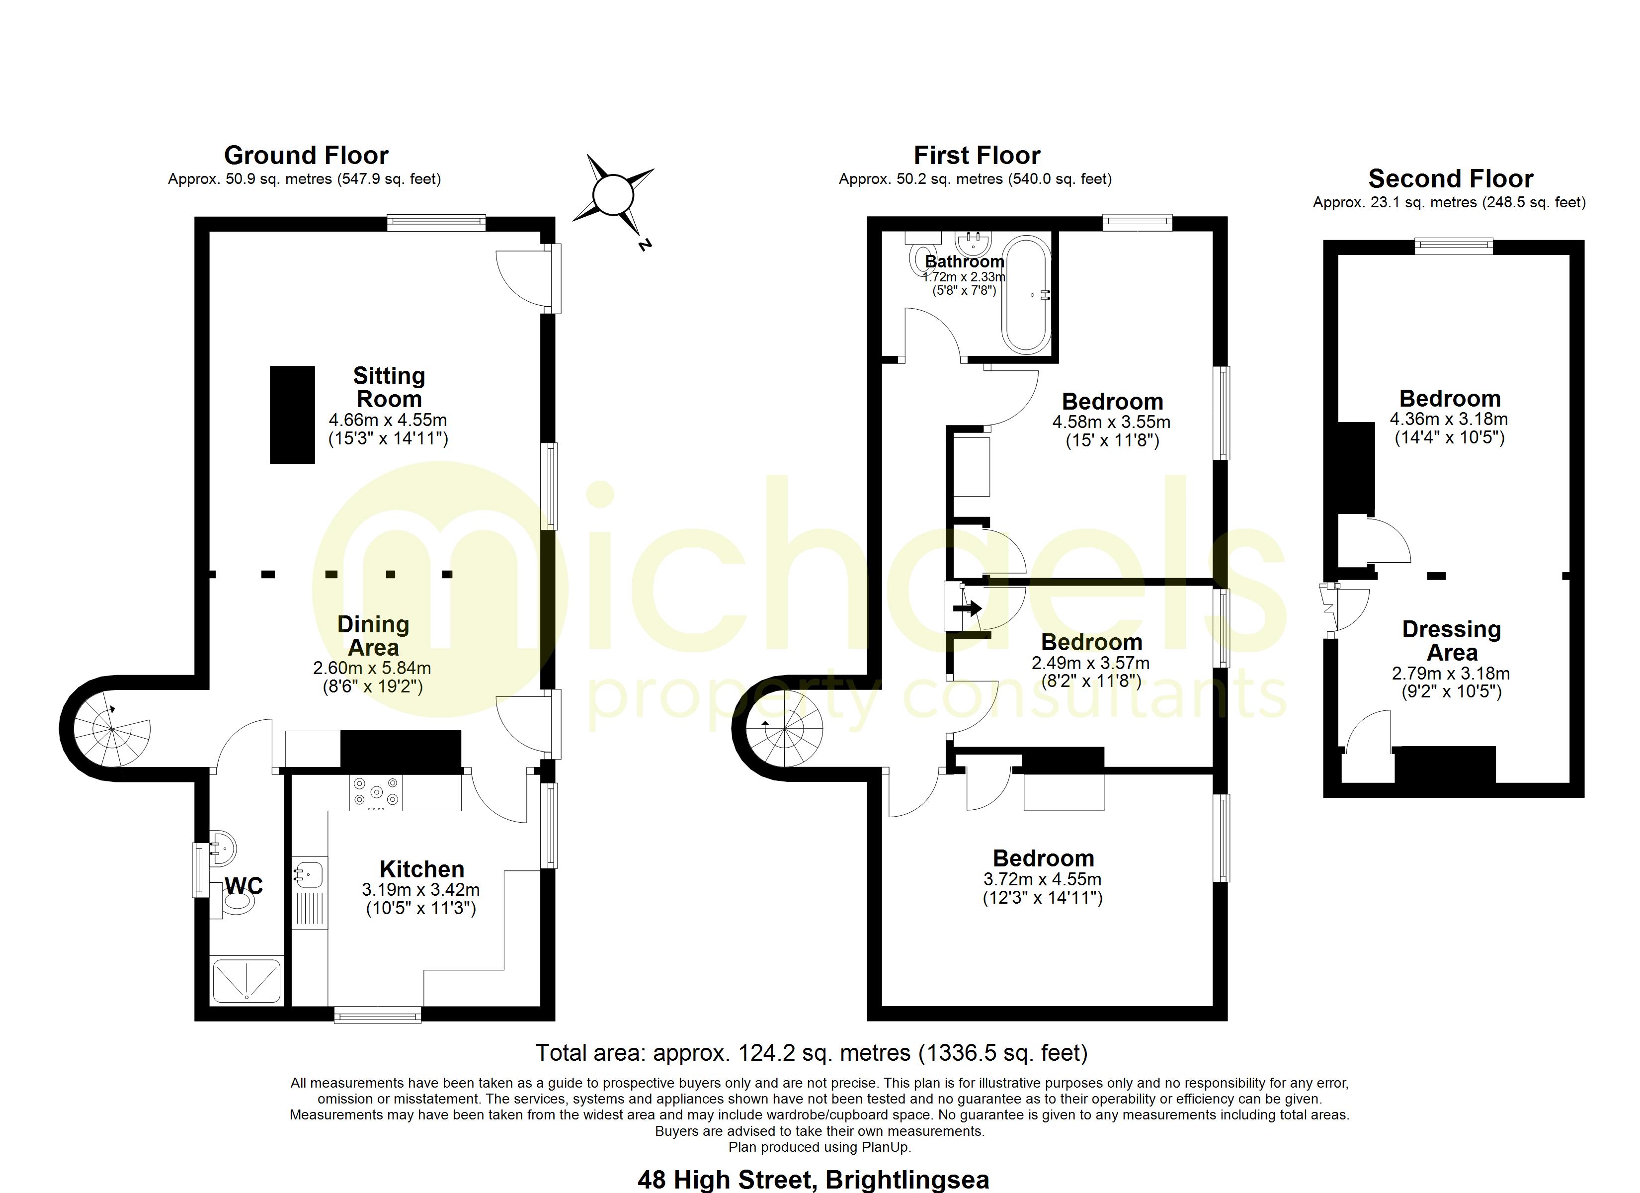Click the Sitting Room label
[389, 387]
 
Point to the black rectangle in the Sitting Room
[292, 414]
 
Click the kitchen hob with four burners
[376, 792]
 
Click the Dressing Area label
[1451, 641]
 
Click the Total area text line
[812, 1053]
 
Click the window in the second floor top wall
[1454, 246]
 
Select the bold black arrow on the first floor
[967, 608]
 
